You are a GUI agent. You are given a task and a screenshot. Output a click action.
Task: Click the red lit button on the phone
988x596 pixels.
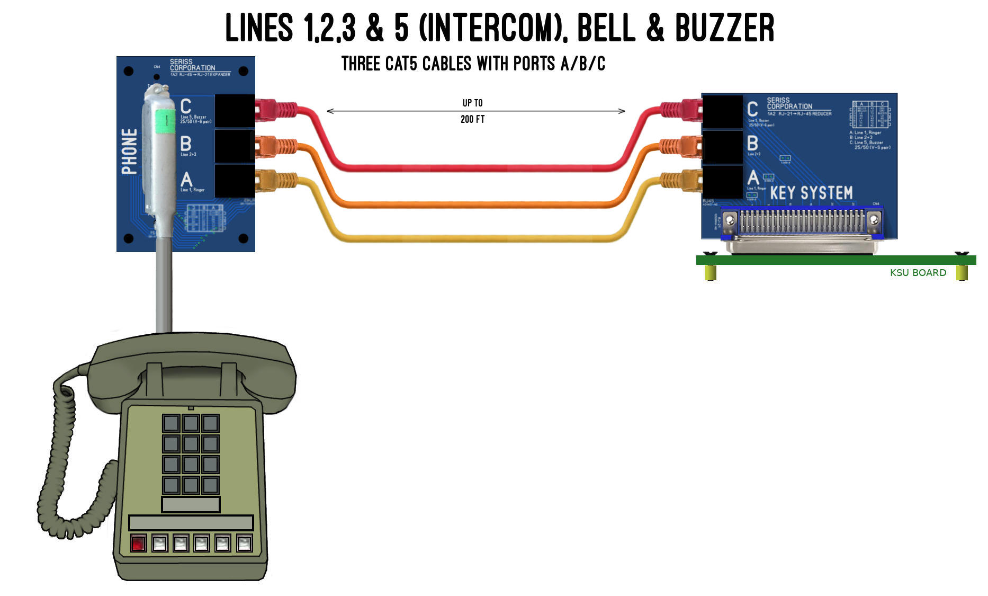[x=138, y=544]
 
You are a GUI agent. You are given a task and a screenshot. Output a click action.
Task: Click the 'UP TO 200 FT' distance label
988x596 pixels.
[x=472, y=111]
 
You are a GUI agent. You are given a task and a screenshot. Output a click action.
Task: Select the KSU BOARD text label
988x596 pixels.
[x=918, y=273]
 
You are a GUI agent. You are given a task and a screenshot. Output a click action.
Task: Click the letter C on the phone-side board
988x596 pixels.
[x=186, y=106]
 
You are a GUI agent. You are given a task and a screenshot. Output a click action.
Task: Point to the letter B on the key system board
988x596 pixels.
[x=752, y=143]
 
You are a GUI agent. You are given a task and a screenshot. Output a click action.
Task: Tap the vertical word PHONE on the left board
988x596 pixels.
[x=130, y=152]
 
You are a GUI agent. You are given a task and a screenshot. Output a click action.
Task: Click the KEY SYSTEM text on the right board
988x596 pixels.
[x=811, y=193]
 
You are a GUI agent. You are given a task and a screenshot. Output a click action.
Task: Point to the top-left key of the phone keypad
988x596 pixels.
[x=171, y=423]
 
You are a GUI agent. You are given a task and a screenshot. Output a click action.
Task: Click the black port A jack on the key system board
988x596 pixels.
[x=722, y=181]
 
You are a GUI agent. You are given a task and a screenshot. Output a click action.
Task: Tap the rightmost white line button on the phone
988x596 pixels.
[x=244, y=544]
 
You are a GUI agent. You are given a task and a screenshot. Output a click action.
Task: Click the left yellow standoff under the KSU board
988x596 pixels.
[x=710, y=272]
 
